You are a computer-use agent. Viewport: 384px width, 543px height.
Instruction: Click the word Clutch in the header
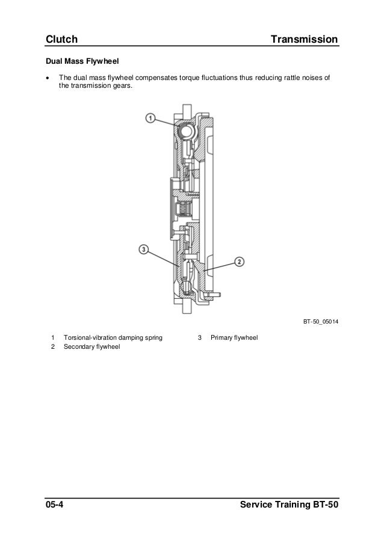pyautogui.click(x=62, y=40)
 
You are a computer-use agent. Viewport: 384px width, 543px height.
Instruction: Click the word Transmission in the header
pyautogui.click(x=304, y=40)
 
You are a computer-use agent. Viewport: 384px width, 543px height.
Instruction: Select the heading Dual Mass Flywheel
pyautogui.click(x=82, y=61)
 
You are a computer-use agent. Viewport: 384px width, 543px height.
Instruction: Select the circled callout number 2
pyautogui.click(x=239, y=262)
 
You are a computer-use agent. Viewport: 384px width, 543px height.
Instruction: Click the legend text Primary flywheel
pyautogui.click(x=234, y=338)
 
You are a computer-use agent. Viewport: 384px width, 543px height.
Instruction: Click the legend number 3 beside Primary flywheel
pyautogui.click(x=200, y=338)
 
